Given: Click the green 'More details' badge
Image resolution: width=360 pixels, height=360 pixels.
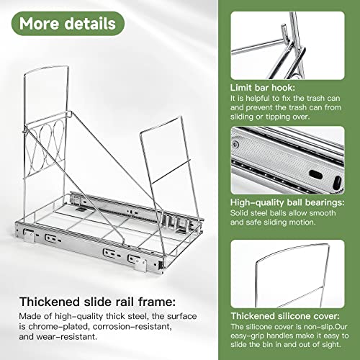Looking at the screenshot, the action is [x=68, y=24].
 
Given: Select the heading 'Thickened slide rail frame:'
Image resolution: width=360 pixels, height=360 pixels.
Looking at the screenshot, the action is [x=97, y=302].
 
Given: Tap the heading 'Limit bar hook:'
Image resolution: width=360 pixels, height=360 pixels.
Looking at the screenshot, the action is [x=263, y=88].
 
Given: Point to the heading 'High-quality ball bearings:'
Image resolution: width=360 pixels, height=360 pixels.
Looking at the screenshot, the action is [x=287, y=203].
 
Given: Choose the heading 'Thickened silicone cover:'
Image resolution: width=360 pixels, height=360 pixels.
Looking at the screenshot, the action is [x=285, y=316].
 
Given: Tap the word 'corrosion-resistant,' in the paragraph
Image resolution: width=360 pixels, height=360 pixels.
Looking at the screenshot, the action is [x=132, y=327].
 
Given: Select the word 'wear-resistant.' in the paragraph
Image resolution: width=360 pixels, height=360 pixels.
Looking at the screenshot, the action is [x=67, y=337].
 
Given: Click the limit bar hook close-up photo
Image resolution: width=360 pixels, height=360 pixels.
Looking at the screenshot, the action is [x=287, y=45].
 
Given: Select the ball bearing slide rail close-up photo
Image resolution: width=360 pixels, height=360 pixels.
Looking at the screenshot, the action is [x=287, y=161].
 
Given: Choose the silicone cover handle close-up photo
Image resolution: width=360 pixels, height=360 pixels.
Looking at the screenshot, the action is [x=287, y=274].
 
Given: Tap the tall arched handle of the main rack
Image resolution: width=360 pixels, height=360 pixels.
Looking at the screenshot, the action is [x=45, y=68].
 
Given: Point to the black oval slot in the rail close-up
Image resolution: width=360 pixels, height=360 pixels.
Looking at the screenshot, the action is [x=315, y=174].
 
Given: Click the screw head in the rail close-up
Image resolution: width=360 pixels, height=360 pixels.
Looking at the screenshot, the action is [x=235, y=145].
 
